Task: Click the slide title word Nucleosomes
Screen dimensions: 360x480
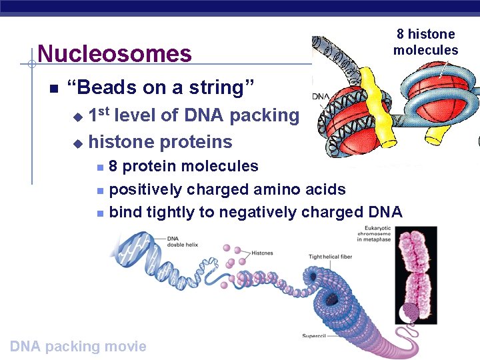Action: pyautogui.click(x=115, y=53)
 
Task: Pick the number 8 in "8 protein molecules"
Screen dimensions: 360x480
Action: pyautogui.click(x=114, y=166)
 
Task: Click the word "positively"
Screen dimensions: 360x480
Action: pyautogui.click(x=145, y=189)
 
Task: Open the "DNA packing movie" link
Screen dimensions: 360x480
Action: pyautogui.click(x=78, y=346)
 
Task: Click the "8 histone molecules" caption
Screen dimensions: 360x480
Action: pyautogui.click(x=425, y=42)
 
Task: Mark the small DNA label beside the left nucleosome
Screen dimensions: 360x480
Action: pyautogui.click(x=320, y=97)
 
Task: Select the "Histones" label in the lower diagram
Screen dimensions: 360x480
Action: pyautogui.click(x=262, y=253)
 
